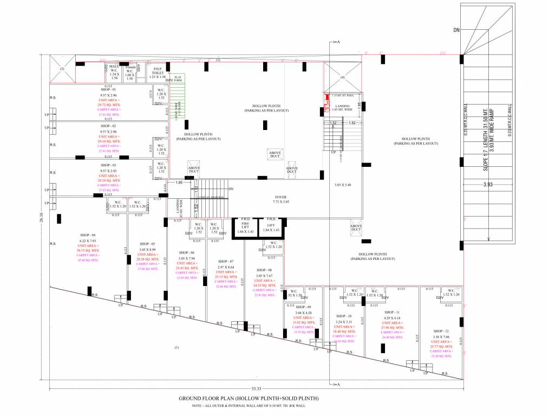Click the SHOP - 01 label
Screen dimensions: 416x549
(x=108, y=89)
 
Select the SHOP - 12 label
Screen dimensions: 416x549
(x=441, y=331)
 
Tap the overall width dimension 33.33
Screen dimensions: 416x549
(x=256, y=388)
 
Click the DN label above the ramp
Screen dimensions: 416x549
(x=456, y=30)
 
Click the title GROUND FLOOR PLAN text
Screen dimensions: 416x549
(x=249, y=399)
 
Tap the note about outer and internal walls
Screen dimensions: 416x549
(x=249, y=405)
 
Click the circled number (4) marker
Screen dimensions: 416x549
(x=342, y=77)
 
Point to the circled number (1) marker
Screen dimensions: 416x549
(x=177, y=347)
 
